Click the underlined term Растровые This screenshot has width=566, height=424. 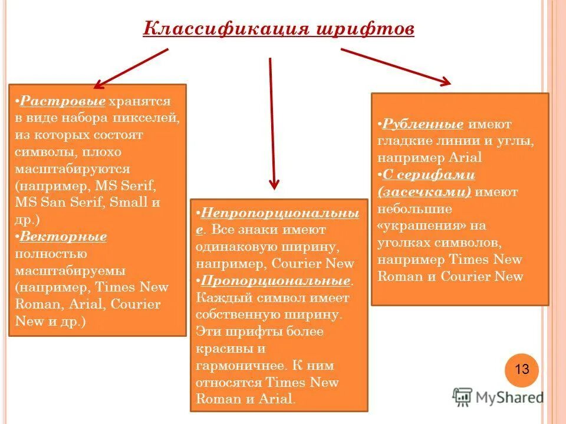62,101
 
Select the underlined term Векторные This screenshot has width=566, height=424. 63,237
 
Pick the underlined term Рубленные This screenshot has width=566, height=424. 423,124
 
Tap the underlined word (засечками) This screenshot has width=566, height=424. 425,192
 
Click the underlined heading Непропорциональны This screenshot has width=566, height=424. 279,213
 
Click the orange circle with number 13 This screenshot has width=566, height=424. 522,370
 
